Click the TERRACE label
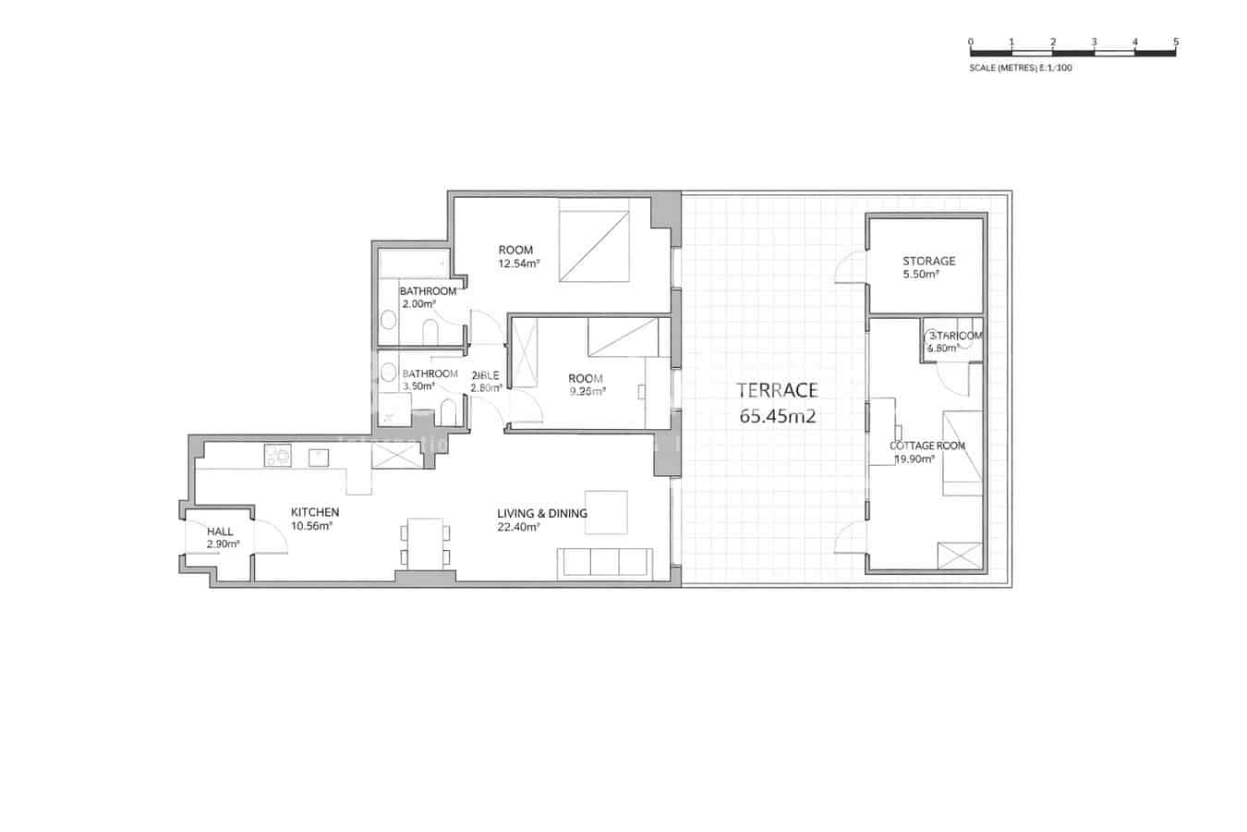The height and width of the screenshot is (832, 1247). click(777, 390)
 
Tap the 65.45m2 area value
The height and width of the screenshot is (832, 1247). click(777, 416)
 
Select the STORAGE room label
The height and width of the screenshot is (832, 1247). click(928, 261)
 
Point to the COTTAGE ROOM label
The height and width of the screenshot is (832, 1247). click(927, 446)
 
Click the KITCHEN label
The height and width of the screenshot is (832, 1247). click(314, 512)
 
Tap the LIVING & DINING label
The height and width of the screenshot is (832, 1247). click(541, 514)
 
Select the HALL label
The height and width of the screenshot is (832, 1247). click(220, 532)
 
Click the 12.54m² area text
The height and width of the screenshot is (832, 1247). click(518, 263)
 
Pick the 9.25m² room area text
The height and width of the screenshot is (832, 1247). click(587, 391)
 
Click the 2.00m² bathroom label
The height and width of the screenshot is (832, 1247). click(416, 303)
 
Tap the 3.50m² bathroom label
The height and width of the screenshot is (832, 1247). click(418, 386)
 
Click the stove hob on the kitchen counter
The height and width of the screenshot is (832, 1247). click(277, 455)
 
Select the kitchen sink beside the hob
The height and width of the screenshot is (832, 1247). click(319, 455)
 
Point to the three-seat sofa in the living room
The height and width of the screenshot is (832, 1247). click(604, 563)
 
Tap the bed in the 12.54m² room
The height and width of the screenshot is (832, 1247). click(594, 245)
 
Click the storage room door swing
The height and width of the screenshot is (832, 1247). click(850, 268)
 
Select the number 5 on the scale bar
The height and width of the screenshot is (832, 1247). click(1175, 42)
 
